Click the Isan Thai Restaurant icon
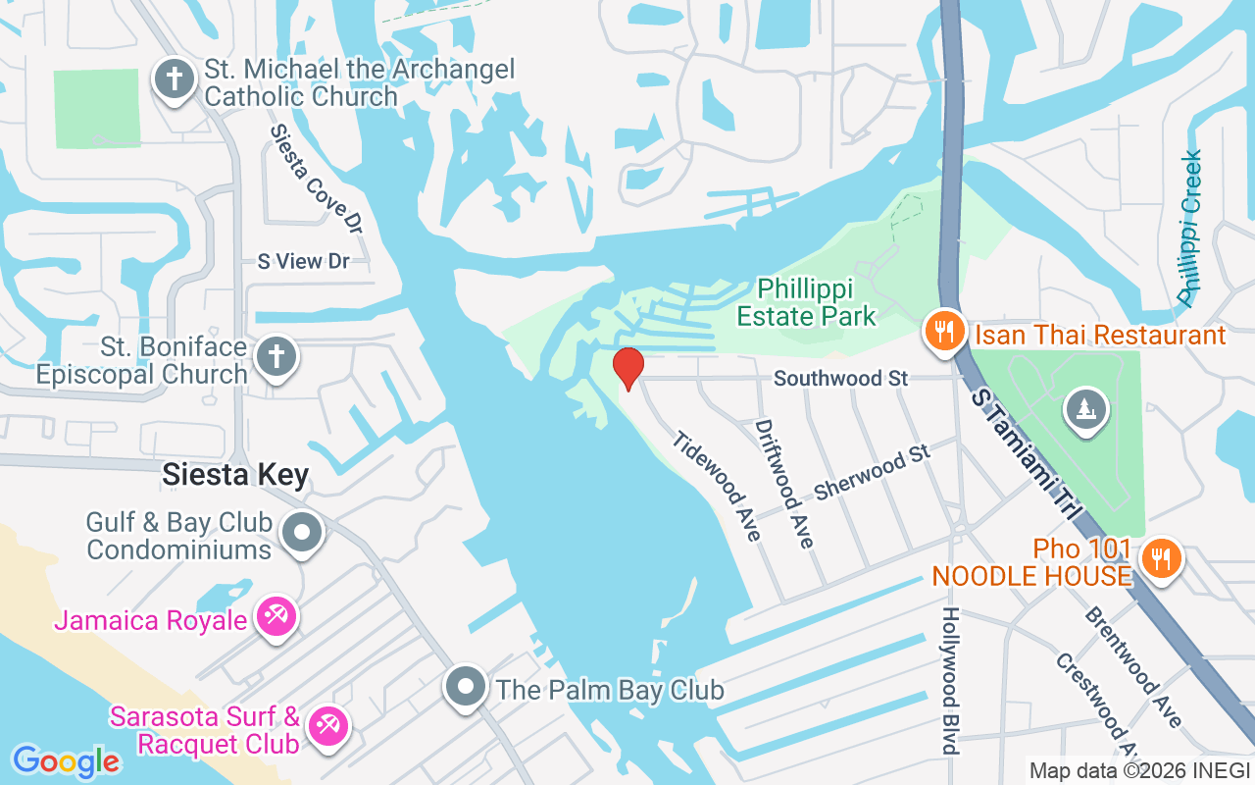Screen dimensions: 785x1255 point(943,332)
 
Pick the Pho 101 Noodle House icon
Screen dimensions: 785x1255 point(1161,559)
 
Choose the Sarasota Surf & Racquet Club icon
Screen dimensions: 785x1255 point(326,727)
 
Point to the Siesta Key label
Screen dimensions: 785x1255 point(235,476)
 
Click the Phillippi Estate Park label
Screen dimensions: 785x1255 point(806,302)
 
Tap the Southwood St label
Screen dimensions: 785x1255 point(840,378)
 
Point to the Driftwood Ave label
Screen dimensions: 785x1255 point(784,484)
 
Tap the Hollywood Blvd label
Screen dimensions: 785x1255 point(948,680)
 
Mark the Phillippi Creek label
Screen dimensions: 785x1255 point(1189,228)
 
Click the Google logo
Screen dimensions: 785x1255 point(66,760)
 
